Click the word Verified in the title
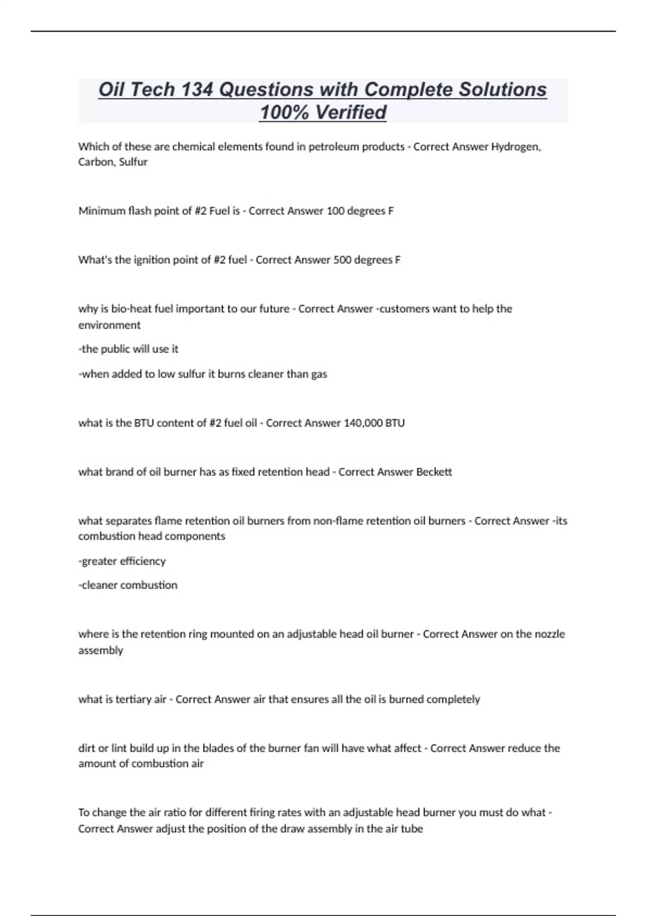[x=350, y=112]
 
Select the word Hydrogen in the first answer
[x=515, y=147]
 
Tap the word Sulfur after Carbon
[x=133, y=162]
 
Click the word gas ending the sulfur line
[x=319, y=374]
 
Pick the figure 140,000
[x=363, y=423]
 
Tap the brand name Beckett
[x=434, y=472]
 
